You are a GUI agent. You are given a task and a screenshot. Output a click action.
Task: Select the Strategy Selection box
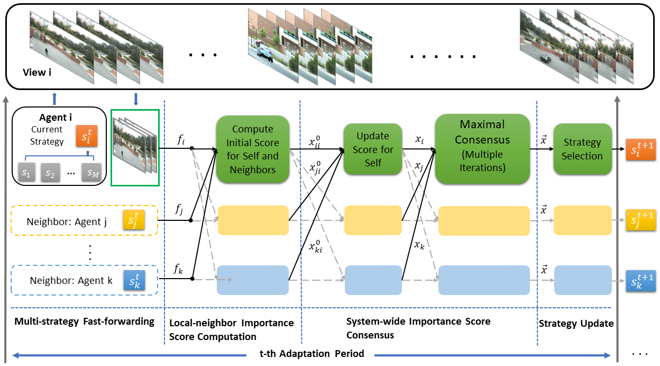(582, 149)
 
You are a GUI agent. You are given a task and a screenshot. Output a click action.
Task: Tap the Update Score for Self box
(372, 149)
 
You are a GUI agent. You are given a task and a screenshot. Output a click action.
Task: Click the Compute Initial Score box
(253, 149)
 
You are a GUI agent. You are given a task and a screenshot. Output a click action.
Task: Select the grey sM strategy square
(90, 173)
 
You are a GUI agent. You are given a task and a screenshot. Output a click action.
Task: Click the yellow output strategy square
(640, 219)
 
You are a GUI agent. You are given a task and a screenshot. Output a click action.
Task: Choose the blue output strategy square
(640, 279)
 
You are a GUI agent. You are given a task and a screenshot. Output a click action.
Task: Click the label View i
(38, 72)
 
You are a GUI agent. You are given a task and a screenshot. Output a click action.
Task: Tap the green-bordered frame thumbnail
(135, 147)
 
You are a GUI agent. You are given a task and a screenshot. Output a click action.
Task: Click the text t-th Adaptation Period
(312, 354)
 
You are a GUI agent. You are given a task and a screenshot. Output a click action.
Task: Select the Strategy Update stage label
(576, 323)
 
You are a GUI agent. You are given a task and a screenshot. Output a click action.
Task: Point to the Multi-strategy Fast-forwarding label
(85, 322)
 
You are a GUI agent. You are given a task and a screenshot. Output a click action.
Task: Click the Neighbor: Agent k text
(71, 281)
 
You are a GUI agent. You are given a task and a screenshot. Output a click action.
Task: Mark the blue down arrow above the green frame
(136, 99)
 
